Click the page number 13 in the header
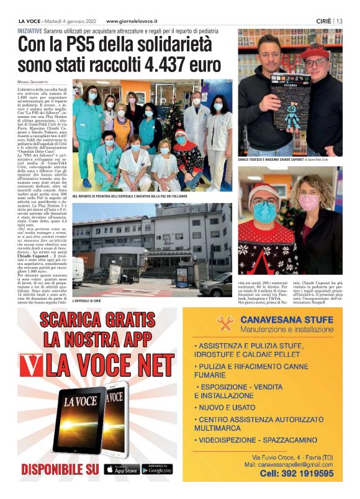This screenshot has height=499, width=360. [340, 20]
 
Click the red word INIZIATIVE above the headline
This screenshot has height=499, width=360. [30, 30]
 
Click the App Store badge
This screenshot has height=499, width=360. [122, 469]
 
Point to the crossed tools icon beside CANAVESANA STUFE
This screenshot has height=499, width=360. [225, 323]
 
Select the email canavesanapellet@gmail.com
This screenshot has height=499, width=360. [289, 464]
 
